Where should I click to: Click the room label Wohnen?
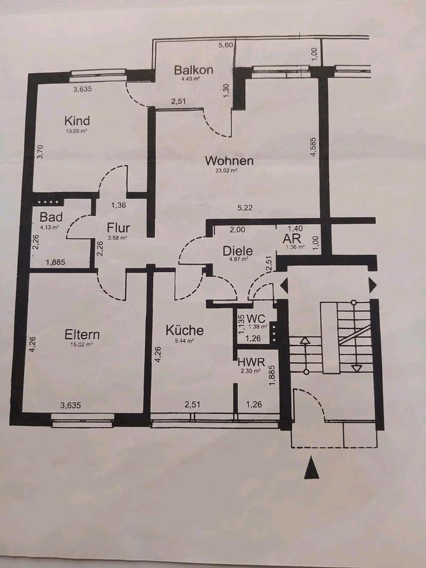(x=229, y=160)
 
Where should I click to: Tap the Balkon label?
(x=193, y=70)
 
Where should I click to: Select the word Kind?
(x=77, y=121)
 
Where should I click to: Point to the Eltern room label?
(x=82, y=334)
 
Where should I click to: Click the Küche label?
(x=184, y=330)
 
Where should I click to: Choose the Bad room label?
(x=51, y=217)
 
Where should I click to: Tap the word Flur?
(x=118, y=228)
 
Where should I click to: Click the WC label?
(x=256, y=317)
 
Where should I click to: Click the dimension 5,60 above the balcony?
(x=226, y=44)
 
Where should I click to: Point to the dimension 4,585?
(x=313, y=147)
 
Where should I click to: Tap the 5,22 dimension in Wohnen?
(x=244, y=207)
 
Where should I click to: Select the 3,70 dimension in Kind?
(x=40, y=153)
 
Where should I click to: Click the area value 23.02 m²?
(x=229, y=170)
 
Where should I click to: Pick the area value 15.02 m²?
(x=82, y=344)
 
